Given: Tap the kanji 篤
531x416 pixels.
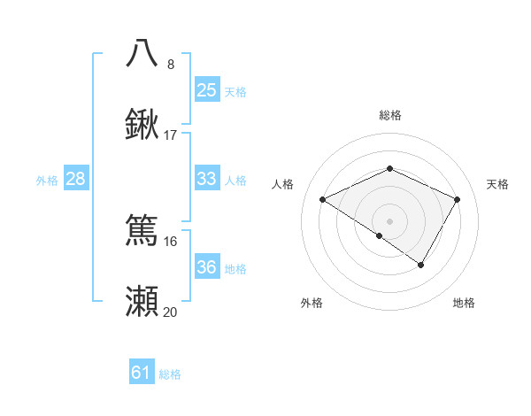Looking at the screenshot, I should point(142,229).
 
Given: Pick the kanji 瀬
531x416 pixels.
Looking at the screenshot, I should point(142,301).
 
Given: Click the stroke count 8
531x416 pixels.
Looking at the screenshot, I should point(170,64).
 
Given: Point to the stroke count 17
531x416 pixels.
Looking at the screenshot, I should point(171,135).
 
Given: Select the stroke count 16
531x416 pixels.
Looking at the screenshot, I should point(171,241).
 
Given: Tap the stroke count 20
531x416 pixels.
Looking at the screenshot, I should point(171,312).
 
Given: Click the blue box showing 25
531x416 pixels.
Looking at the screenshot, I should point(206,89).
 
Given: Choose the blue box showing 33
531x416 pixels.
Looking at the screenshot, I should point(206,179).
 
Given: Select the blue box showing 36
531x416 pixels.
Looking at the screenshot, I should point(206,267).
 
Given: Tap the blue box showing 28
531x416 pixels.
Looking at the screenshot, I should point(75,179).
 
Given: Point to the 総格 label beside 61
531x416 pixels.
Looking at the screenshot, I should point(170,374).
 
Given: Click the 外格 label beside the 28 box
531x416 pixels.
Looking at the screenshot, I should point(47,181).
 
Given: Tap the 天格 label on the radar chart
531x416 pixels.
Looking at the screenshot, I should point(497,184).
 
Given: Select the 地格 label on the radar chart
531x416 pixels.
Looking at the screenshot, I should point(464,303).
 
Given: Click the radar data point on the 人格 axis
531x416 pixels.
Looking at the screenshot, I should point(323,200).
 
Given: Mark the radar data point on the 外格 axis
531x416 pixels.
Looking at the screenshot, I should point(380,235).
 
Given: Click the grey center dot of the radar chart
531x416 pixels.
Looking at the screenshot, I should point(389,221).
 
